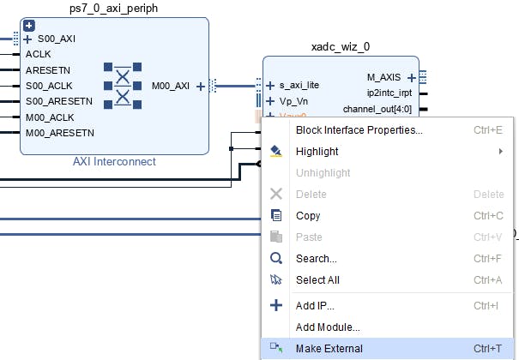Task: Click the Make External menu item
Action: (x=329, y=349)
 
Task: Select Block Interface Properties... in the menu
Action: (x=359, y=130)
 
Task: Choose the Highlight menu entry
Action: (x=317, y=152)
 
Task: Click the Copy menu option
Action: (x=308, y=216)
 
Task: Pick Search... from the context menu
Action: (x=316, y=259)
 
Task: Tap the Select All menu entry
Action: (x=317, y=280)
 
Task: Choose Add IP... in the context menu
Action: (x=315, y=306)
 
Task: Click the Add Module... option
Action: (x=327, y=327)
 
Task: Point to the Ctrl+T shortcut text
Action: (x=489, y=349)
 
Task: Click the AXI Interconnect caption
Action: (x=114, y=161)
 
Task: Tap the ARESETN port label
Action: (x=48, y=70)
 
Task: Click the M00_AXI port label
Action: (x=171, y=86)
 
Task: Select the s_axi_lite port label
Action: (x=299, y=86)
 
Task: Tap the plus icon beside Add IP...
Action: (x=276, y=305)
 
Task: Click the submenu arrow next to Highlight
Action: (x=500, y=152)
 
